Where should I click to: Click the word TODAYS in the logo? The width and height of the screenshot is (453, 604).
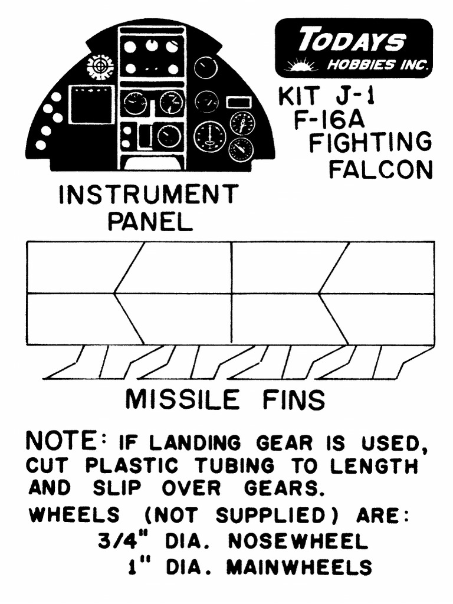352,41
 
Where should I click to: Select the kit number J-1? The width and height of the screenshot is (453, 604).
348,96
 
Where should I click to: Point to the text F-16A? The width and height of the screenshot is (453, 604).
329,120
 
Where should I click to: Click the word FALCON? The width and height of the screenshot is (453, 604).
380,170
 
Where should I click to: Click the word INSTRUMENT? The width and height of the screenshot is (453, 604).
148,195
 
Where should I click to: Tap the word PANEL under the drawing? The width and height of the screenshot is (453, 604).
150,222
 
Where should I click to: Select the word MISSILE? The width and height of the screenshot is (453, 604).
182,401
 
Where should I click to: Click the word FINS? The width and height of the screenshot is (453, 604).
294,401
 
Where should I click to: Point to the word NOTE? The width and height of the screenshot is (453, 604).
61,441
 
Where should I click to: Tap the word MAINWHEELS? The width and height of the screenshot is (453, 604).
299,567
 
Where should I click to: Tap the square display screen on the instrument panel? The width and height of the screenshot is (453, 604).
91,105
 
